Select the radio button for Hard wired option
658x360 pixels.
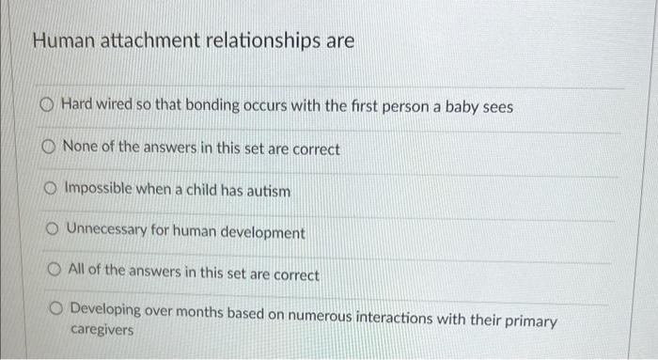pyautogui.click(x=47, y=107)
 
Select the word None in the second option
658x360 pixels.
pyautogui.click(x=79, y=149)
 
